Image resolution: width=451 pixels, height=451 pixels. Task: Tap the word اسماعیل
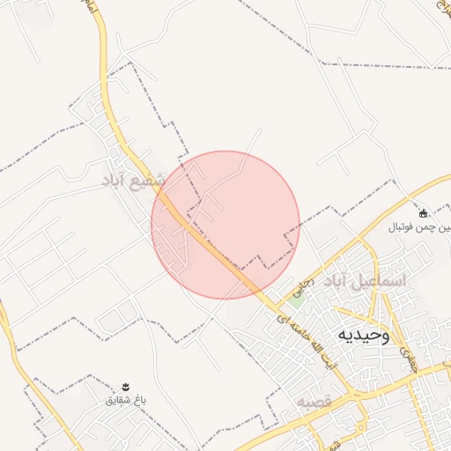pos(381,281)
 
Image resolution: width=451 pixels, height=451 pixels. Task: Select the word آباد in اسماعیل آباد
pos(338,283)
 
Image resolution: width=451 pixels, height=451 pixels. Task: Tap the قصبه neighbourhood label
pos(312,402)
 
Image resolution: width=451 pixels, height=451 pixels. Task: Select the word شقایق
pos(118,400)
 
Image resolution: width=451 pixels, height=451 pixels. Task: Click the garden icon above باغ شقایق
pos(125,387)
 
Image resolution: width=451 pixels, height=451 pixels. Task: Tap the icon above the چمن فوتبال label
pos(423,213)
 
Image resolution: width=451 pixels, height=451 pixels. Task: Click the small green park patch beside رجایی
pos(297,297)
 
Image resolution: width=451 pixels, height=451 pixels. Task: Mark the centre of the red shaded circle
pos(225,225)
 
